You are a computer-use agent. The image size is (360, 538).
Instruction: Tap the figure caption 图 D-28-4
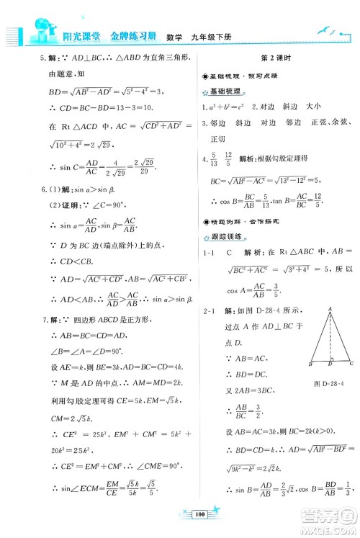coord(332,382)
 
